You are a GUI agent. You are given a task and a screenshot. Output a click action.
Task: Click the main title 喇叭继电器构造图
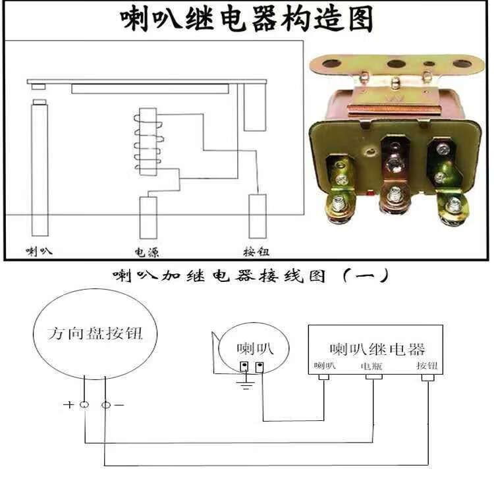pos(246,20)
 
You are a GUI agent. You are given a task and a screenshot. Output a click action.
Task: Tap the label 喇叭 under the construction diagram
pos(39,251)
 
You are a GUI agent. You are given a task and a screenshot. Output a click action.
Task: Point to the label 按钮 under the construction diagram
pos(256,251)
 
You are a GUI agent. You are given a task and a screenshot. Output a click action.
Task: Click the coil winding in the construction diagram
pos(146,142)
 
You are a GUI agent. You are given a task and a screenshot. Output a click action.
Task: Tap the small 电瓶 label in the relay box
pos(371,366)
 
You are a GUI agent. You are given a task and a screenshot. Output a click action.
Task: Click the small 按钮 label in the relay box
pos(427,366)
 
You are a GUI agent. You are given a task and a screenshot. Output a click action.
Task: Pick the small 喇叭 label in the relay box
pos(324,366)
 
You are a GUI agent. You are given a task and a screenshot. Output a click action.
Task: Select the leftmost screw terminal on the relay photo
pos(337,206)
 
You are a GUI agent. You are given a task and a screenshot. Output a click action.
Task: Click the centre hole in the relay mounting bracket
pos(396,64)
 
